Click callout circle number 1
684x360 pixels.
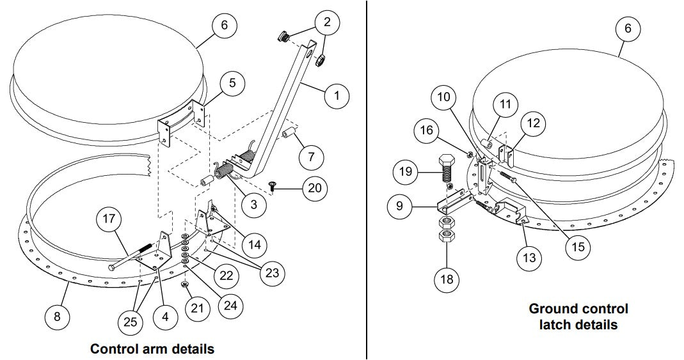pyautogui.click(x=337, y=97)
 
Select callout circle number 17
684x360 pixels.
pyautogui.click(x=110, y=219)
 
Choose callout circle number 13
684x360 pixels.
pyautogui.click(x=530, y=258)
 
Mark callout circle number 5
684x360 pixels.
pyautogui.click(x=232, y=83)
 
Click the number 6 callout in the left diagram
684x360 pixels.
pyautogui.click(x=225, y=26)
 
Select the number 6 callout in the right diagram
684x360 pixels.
pyautogui.click(x=628, y=29)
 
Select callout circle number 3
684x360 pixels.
pyautogui.click(x=255, y=205)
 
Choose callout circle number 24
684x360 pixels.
pyautogui.click(x=229, y=306)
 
